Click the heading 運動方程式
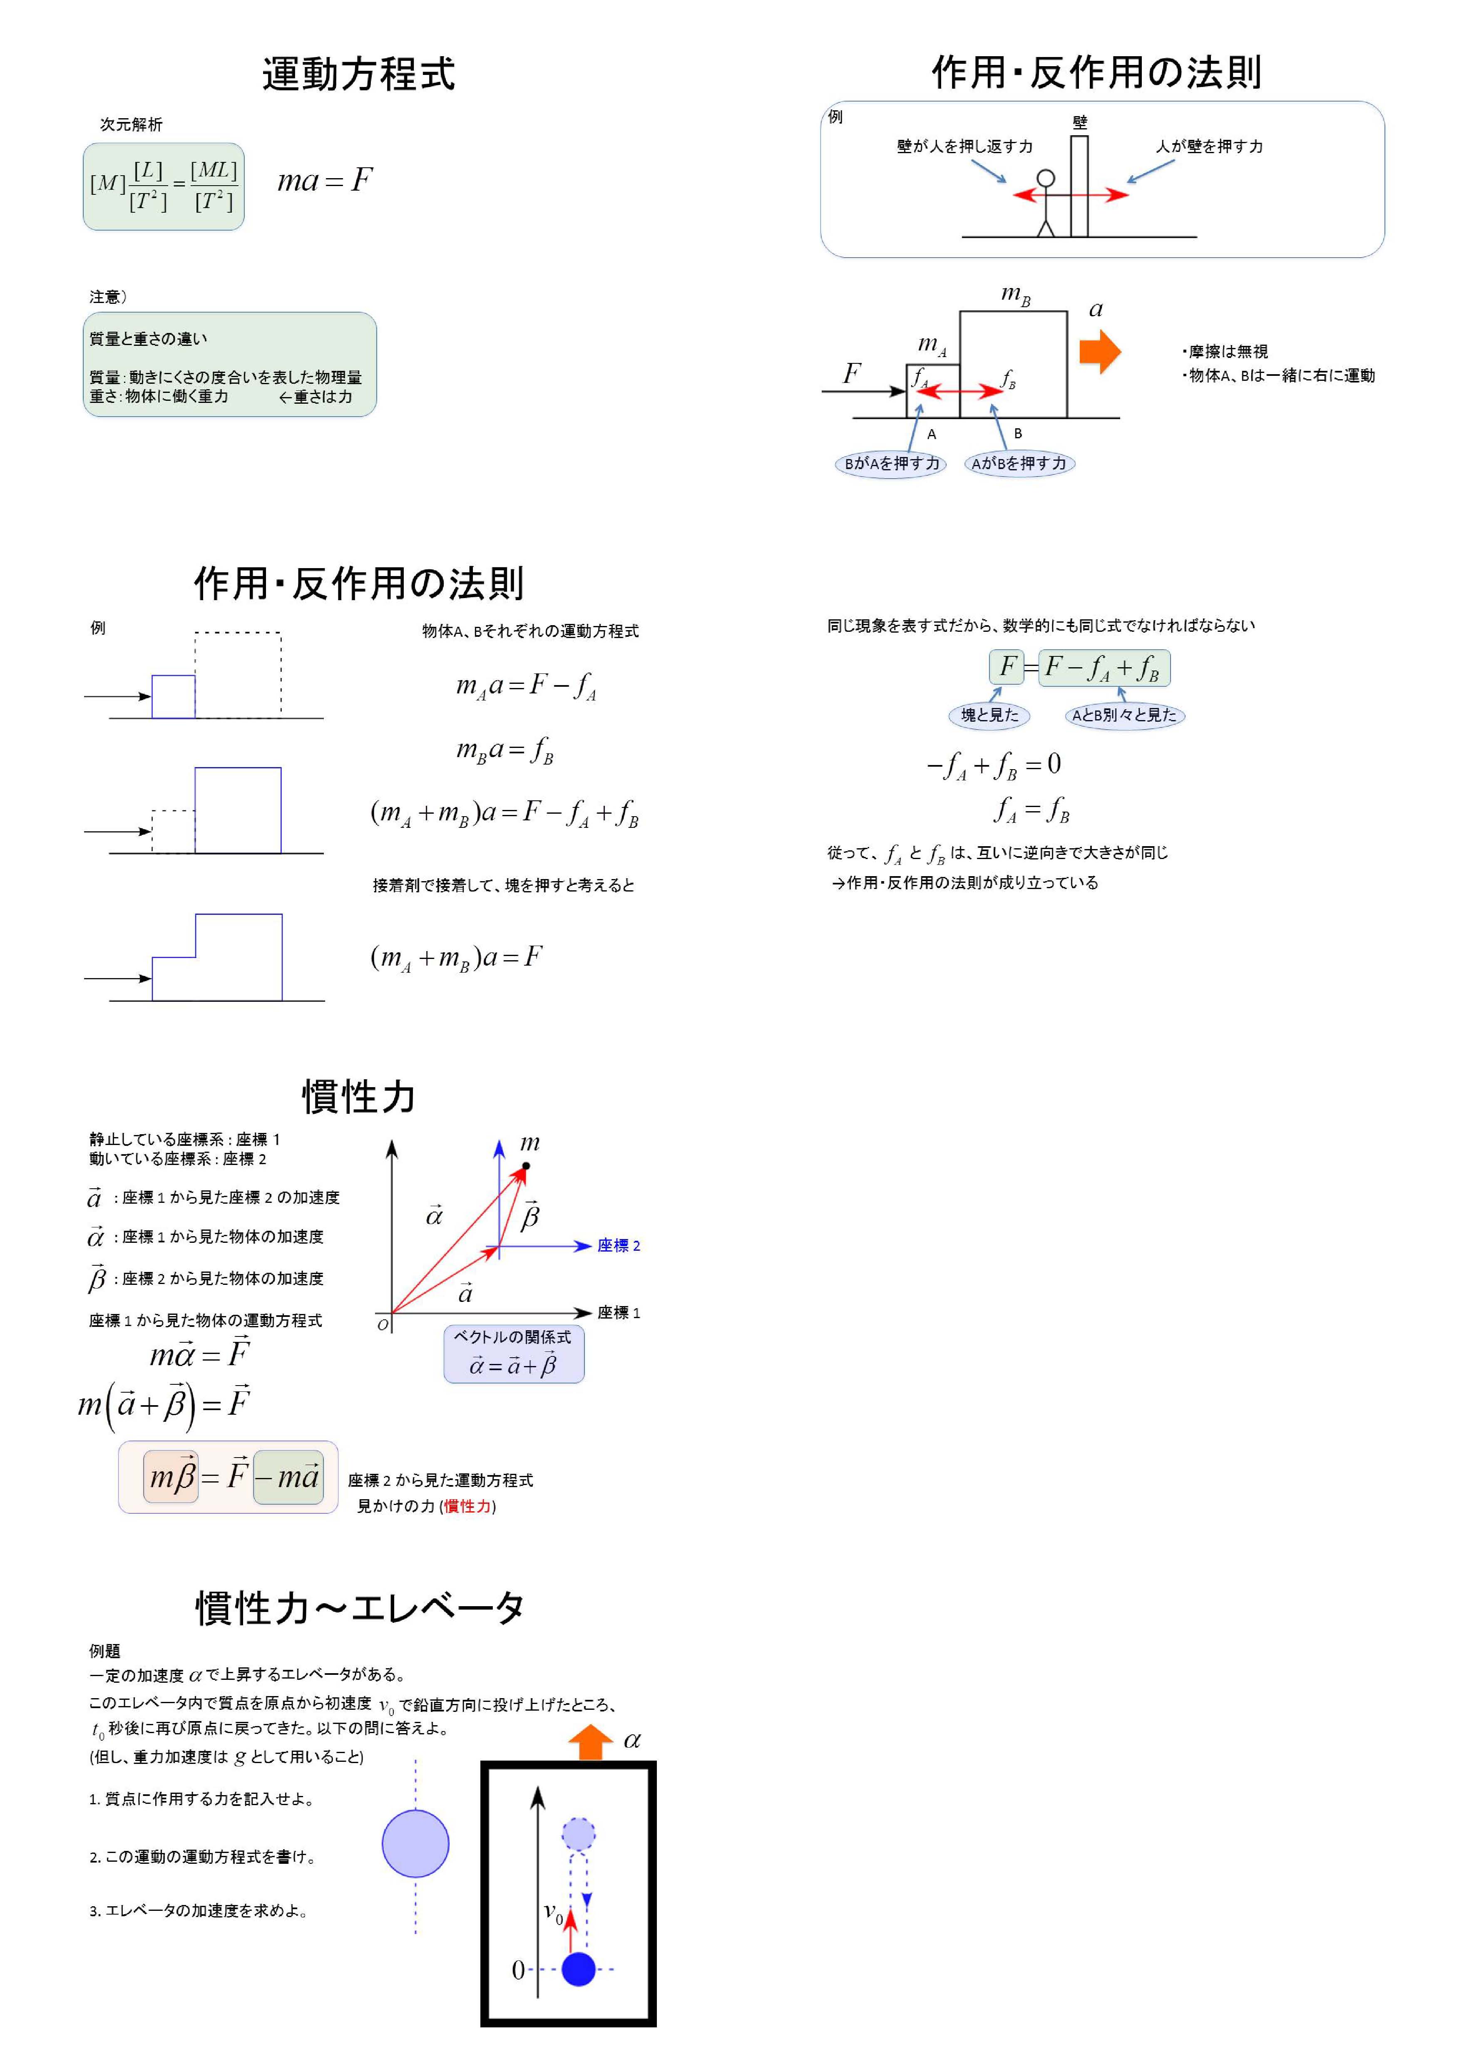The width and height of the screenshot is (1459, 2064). pos(358,74)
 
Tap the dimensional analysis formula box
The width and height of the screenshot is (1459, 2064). pos(164,186)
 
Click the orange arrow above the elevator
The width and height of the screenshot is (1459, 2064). pos(591,1741)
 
